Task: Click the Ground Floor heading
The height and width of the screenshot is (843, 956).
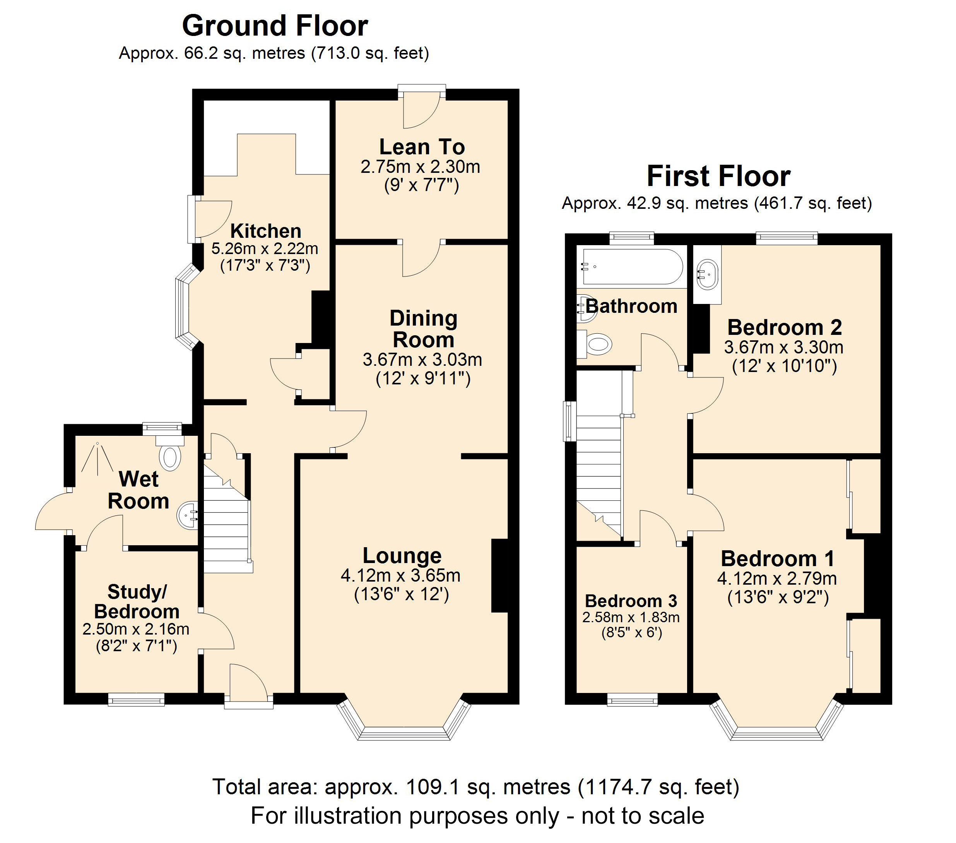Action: (275, 26)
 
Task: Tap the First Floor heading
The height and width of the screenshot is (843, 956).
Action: (718, 177)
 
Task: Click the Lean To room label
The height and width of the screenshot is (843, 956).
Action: (422, 147)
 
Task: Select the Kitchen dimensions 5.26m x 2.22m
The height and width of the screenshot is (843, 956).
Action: (265, 249)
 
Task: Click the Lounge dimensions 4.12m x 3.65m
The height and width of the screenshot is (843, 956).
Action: (401, 575)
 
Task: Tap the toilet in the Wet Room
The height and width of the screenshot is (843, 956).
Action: (170, 457)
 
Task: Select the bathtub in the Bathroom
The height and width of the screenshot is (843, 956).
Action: (631, 267)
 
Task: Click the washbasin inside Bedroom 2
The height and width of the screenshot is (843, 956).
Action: (707, 275)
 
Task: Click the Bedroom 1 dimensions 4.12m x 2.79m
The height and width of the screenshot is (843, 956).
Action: (777, 579)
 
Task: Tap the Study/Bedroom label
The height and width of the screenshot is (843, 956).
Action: (137, 602)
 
